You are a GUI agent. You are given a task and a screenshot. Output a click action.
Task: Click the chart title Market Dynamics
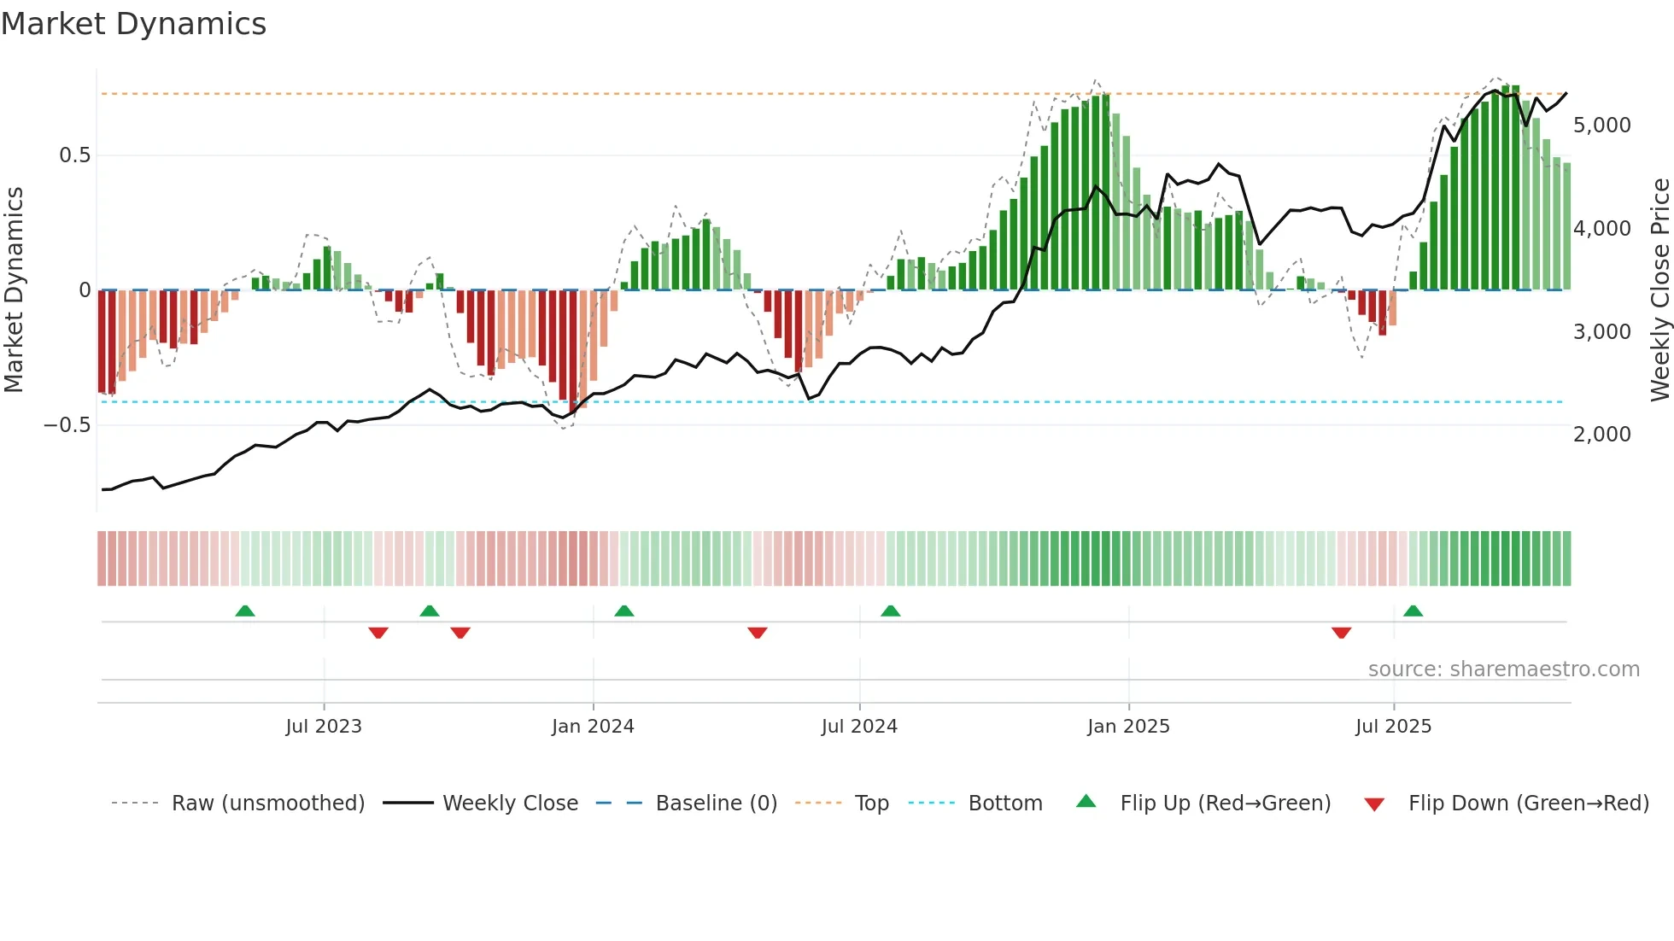[133, 24]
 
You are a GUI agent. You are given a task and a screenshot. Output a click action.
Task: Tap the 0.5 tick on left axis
[74, 155]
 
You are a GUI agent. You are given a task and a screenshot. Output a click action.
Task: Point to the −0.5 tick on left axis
[67, 425]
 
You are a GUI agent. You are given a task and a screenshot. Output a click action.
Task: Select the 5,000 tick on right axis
[1601, 126]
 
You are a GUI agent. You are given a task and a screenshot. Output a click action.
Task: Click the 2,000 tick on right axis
[1601, 435]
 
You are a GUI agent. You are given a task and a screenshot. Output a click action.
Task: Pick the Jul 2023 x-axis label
[324, 727]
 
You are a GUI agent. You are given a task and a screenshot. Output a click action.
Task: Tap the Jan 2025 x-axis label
[1128, 727]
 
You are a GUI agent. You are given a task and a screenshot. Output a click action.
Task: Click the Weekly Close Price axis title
[1659, 290]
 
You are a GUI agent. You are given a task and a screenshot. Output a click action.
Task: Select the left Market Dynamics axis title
[15, 290]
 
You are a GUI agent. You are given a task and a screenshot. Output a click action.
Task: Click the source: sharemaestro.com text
[1503, 669]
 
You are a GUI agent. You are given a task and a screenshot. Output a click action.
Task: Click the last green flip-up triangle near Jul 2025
[1413, 611]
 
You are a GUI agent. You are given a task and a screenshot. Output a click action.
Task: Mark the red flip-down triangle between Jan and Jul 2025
[1341, 633]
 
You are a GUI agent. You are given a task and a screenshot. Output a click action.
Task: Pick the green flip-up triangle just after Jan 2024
[624, 611]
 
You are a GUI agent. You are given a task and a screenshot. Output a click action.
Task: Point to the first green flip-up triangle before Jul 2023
[245, 611]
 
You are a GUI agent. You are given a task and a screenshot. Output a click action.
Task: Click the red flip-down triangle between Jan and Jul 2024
[758, 633]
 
